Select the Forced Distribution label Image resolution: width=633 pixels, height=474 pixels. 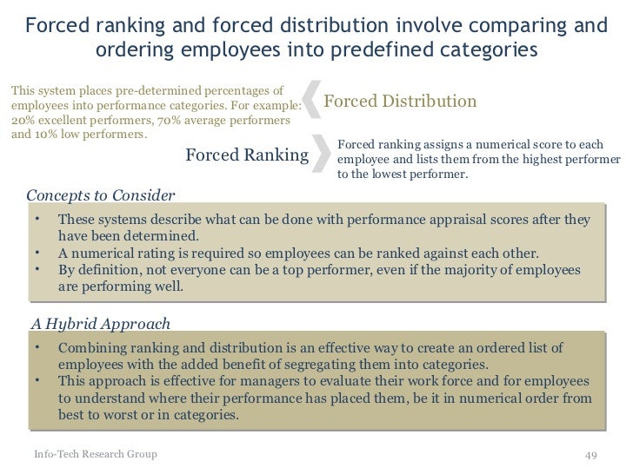click(x=400, y=102)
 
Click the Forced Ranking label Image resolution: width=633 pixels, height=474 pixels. click(x=248, y=155)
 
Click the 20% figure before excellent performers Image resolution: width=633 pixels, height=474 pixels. click(x=22, y=120)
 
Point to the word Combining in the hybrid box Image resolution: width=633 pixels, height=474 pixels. click(x=93, y=348)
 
